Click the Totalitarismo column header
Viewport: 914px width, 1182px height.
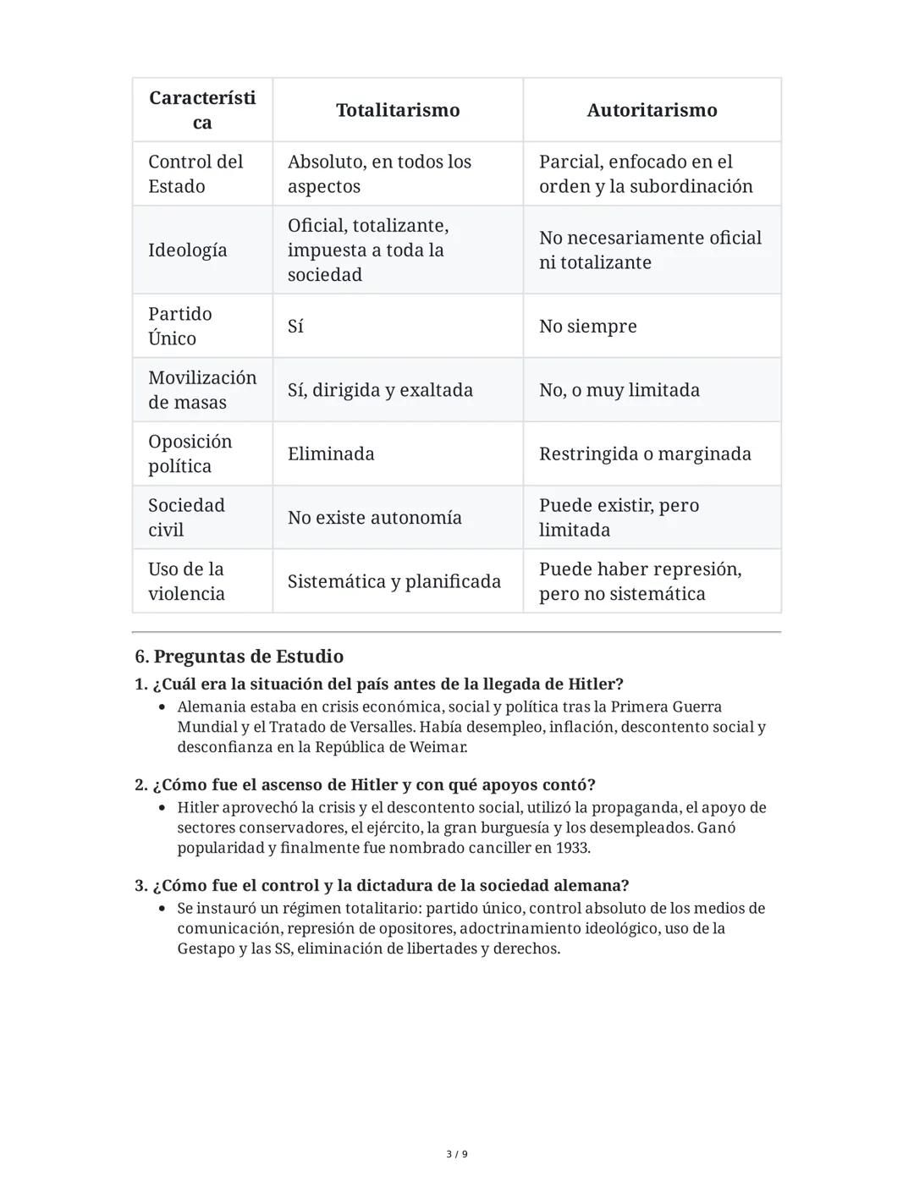coord(398,110)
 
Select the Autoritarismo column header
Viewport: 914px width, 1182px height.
coord(652,110)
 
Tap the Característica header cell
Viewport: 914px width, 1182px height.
coord(202,110)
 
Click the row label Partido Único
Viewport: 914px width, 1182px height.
coord(180,326)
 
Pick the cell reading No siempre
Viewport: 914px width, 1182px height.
coord(587,327)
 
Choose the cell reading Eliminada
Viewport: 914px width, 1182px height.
coord(331,454)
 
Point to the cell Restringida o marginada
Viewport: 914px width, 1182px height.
coord(645,454)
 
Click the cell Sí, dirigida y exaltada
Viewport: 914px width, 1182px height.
coord(380,390)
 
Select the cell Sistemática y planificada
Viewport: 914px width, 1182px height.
coord(394,581)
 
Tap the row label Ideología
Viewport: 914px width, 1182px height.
coord(188,250)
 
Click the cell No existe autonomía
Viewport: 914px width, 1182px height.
coord(374,518)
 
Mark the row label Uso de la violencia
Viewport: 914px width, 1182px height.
coord(187,581)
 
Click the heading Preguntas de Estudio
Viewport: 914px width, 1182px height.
coord(248,657)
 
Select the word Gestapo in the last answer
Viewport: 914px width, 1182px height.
coord(205,948)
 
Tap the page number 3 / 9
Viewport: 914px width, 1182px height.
coord(457,1154)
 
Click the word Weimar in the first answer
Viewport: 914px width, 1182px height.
coord(438,747)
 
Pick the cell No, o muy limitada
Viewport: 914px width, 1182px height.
coord(619,390)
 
